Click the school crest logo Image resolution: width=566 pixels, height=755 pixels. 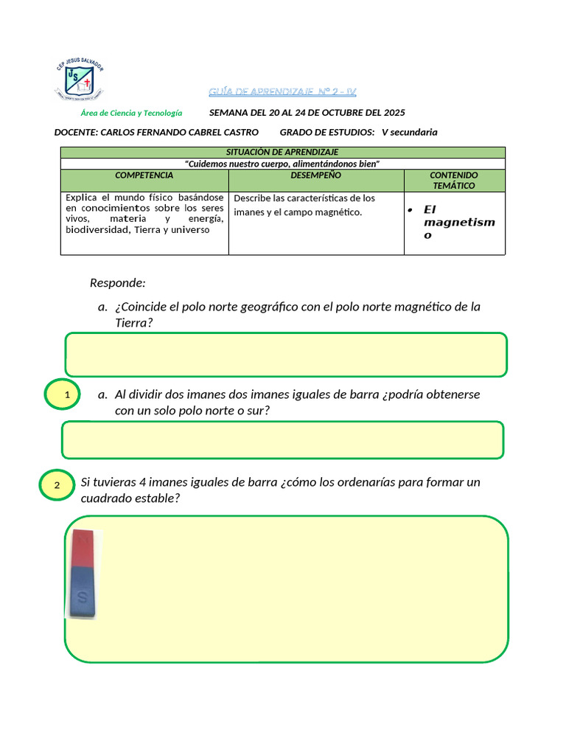click(79, 79)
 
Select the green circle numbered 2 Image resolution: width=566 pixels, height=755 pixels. click(57, 485)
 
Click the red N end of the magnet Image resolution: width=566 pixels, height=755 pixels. click(84, 549)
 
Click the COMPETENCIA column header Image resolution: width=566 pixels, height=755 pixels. click(144, 175)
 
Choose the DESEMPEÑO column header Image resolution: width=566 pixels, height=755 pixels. click(315, 175)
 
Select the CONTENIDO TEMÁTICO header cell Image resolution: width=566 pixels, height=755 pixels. click(454, 181)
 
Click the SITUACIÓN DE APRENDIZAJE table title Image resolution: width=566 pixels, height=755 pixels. click(282, 152)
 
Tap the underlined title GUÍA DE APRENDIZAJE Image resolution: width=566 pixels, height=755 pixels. click(282, 92)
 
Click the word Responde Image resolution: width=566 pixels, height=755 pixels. click(118, 283)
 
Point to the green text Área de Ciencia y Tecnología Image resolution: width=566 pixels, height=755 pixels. click(131, 113)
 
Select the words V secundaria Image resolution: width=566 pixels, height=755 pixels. click(409, 133)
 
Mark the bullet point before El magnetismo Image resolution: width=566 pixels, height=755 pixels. click(409, 210)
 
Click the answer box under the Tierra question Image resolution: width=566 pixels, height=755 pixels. click(286, 355)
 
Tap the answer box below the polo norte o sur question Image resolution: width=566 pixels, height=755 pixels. click(283, 440)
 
